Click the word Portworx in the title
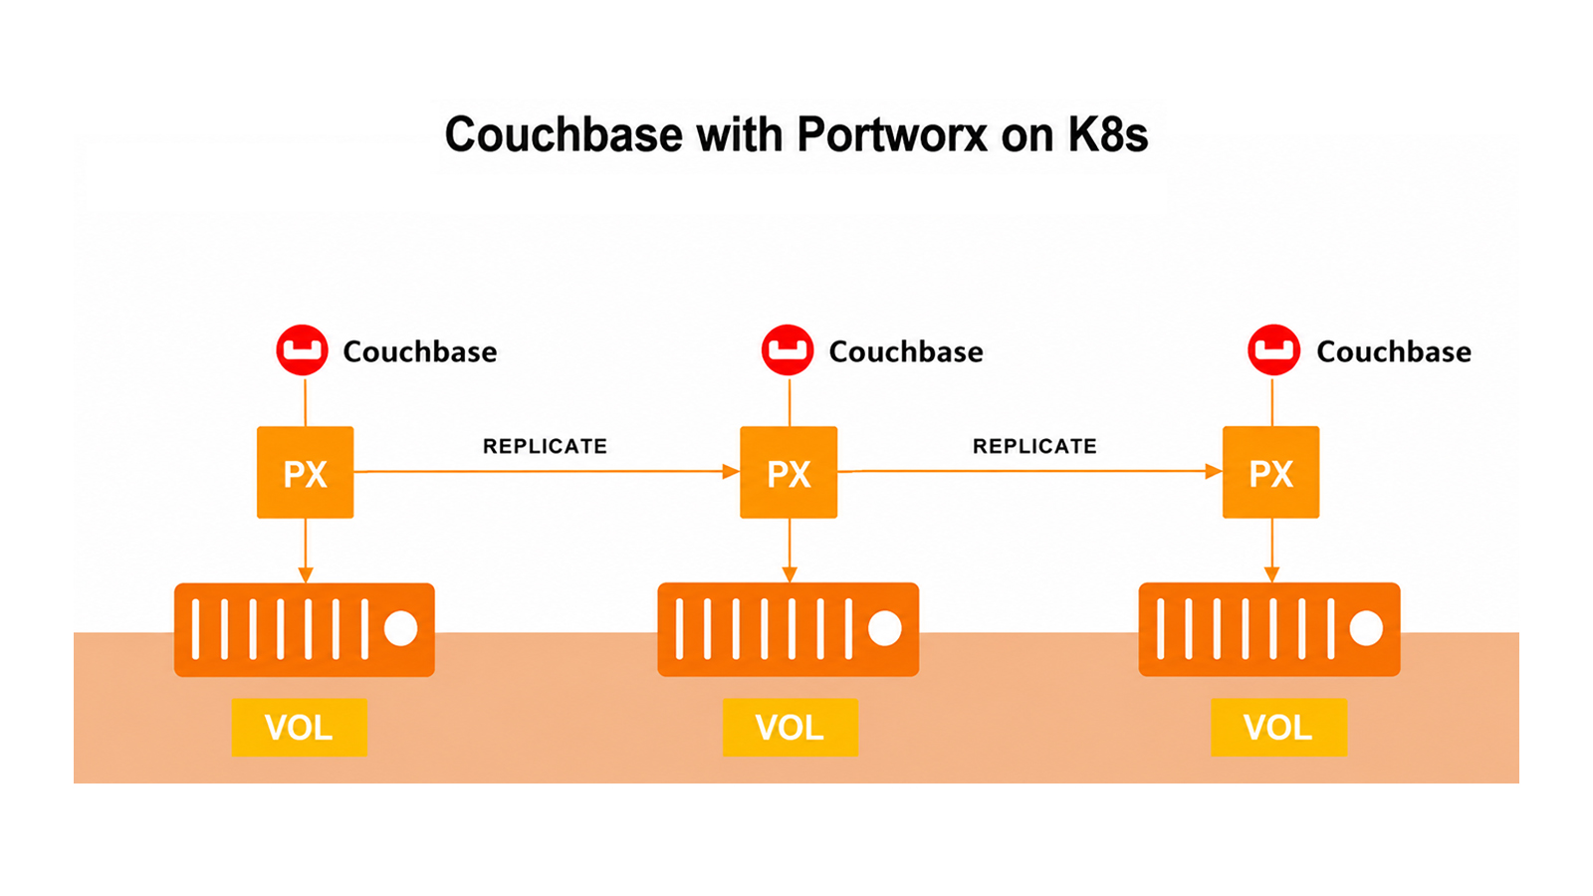point(892,133)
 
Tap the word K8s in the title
point(1108,133)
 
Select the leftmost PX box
point(305,472)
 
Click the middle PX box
point(789,472)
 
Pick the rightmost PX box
point(1270,472)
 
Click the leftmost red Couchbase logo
point(303,349)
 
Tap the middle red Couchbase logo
point(788,349)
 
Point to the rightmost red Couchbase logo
point(1273,349)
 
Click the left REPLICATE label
point(545,446)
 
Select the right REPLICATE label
point(1034,446)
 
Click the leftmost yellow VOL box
point(300,728)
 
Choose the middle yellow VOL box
point(791,728)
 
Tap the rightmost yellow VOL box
point(1278,728)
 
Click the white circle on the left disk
point(401,628)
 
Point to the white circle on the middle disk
point(885,628)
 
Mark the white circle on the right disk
point(1366,628)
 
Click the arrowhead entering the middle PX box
point(731,472)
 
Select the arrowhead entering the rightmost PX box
point(1214,472)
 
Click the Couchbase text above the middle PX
point(906,351)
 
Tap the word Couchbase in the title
point(564,133)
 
